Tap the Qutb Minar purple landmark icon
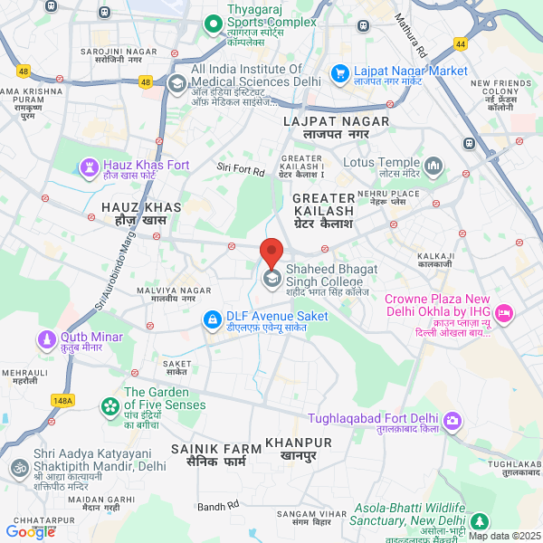coord(47,339)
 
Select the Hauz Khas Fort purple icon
coord(89,167)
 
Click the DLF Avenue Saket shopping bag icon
coord(211,320)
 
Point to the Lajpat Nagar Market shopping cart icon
coord(340,73)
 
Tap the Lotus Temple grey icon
coord(433,167)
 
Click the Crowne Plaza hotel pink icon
coord(504,313)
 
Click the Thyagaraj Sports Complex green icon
coord(213,22)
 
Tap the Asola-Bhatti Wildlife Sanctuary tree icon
coord(479,520)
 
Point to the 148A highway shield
coord(63,399)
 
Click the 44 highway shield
coord(462,43)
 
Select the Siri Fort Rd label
coord(240,169)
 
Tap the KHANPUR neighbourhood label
coord(299,443)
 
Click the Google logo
coord(30,532)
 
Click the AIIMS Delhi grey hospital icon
coord(176,81)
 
